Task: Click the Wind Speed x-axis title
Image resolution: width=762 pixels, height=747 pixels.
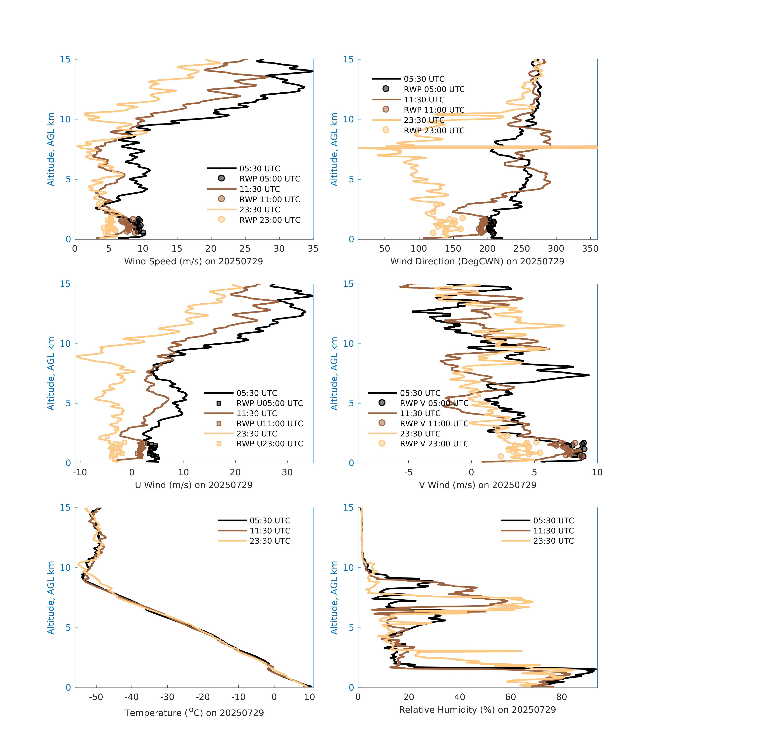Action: (193, 261)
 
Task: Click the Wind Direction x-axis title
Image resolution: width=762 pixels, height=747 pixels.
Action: (477, 261)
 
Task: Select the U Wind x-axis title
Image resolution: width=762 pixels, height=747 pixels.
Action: (193, 485)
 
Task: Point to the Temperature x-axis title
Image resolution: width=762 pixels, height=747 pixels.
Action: (194, 713)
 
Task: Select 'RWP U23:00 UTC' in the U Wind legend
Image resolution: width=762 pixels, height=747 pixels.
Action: (270, 444)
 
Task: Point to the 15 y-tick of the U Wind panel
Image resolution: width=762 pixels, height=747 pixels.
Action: (65, 284)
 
